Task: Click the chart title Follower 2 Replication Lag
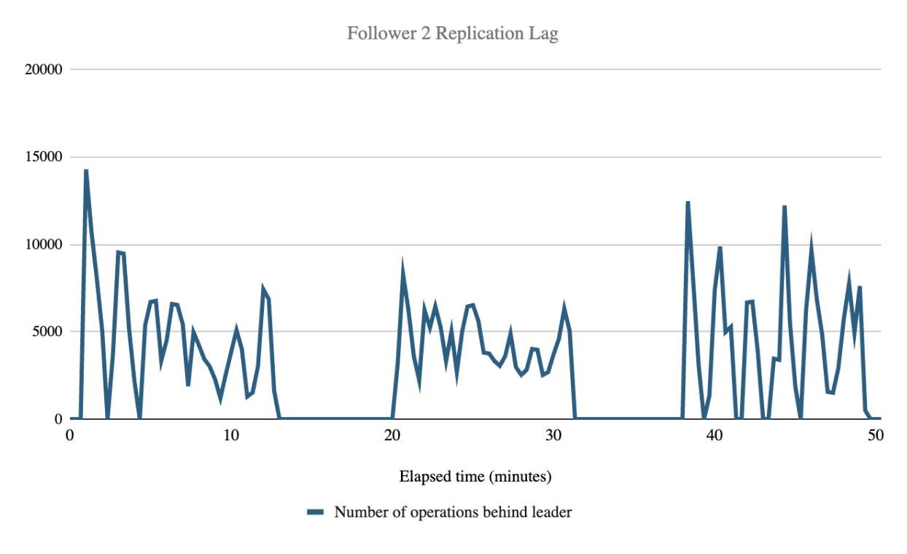tap(452, 34)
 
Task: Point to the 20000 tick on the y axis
tap(44, 70)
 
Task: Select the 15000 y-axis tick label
tap(44, 157)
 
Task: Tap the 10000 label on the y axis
tap(44, 245)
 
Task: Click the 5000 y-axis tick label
tap(48, 332)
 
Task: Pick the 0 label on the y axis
tap(58, 419)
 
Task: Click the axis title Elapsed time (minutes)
tap(475, 477)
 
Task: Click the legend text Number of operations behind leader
tap(453, 512)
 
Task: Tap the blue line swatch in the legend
tap(315, 512)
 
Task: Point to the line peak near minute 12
tap(263, 289)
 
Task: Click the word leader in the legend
tap(553, 512)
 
